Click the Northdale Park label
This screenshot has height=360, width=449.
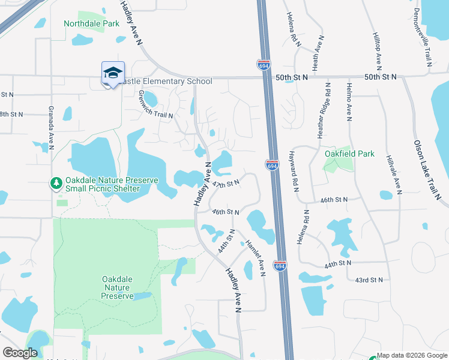(x=92, y=23)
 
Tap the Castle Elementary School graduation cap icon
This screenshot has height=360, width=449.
(x=113, y=73)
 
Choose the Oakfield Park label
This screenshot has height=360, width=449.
(x=349, y=154)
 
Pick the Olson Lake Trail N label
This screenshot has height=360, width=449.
(x=427, y=170)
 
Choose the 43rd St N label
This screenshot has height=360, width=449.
(x=369, y=280)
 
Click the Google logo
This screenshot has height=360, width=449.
(x=20, y=353)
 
